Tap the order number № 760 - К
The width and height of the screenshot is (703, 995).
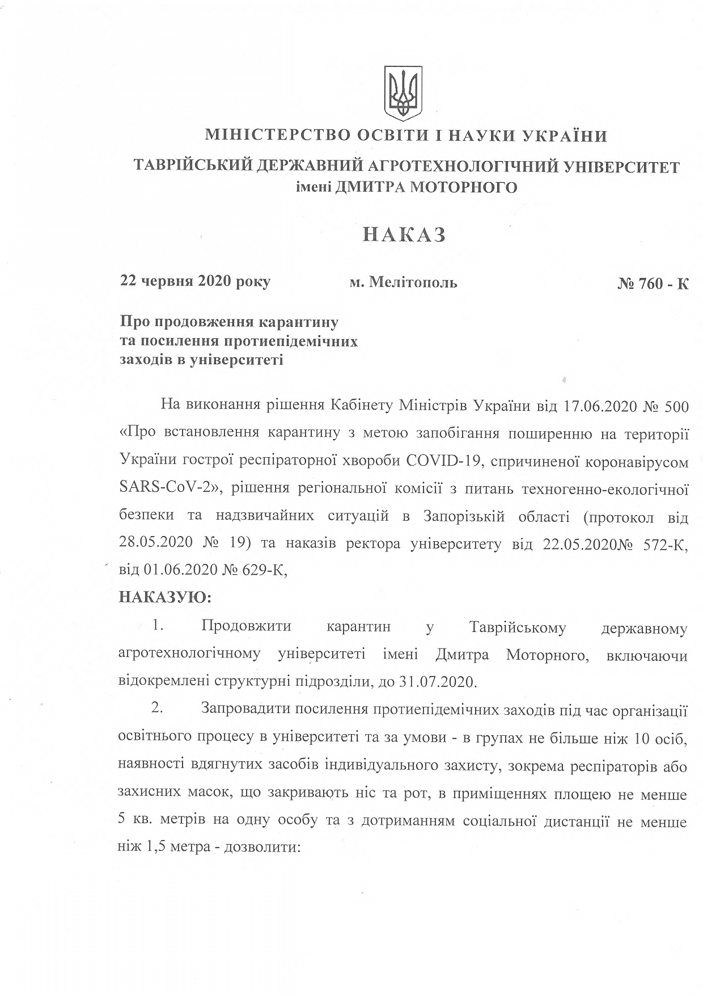click(653, 283)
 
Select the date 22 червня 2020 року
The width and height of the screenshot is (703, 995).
click(195, 281)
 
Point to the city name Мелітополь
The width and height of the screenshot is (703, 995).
click(413, 282)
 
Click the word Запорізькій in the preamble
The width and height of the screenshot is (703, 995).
click(464, 517)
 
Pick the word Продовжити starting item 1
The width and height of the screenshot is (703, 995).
click(246, 627)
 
